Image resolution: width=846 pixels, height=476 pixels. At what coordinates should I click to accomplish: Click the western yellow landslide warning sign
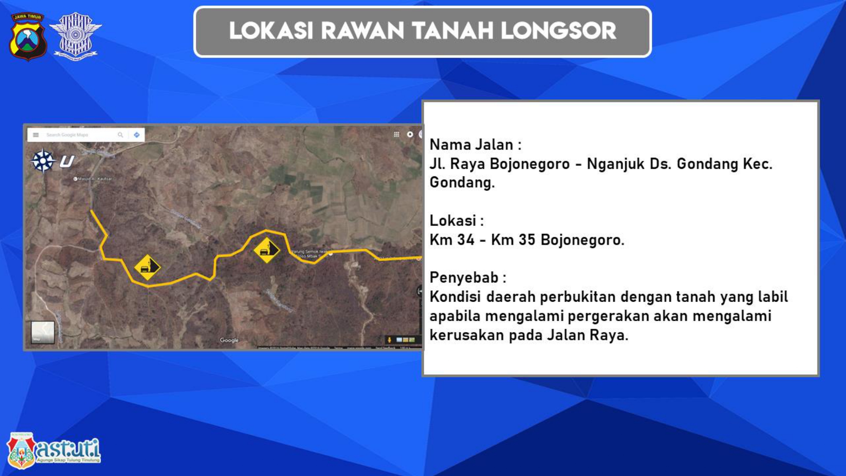[x=147, y=267]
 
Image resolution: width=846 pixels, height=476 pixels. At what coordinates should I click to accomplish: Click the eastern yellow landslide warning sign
[x=266, y=250]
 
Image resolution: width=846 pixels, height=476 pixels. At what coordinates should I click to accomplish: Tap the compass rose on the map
[x=43, y=161]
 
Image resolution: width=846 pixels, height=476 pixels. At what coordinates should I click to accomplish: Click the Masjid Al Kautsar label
[x=94, y=179]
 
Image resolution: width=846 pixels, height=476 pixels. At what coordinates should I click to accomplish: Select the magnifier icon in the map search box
[x=121, y=135]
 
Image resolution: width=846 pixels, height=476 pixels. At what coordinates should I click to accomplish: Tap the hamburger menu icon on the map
[x=36, y=135]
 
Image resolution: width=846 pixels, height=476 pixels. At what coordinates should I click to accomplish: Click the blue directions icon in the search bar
[x=137, y=135]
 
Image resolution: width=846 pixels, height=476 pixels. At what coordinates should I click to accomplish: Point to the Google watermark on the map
[x=229, y=340]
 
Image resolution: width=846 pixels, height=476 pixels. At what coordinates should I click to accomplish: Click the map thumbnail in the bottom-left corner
[x=43, y=332]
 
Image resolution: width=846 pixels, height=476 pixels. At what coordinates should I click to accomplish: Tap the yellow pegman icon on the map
[x=389, y=340]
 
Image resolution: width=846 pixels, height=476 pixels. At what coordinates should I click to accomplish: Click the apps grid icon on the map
[x=396, y=135]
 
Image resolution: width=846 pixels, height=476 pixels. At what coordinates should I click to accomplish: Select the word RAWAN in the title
[x=363, y=31]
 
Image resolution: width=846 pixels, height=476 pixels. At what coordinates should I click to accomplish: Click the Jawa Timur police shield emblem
[x=28, y=36]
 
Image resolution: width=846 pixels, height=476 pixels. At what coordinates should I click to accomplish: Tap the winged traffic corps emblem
[x=75, y=36]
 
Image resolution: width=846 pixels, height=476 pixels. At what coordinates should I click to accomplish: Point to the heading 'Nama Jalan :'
[x=475, y=145]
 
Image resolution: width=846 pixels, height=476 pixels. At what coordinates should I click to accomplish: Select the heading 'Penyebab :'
[x=468, y=278]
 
